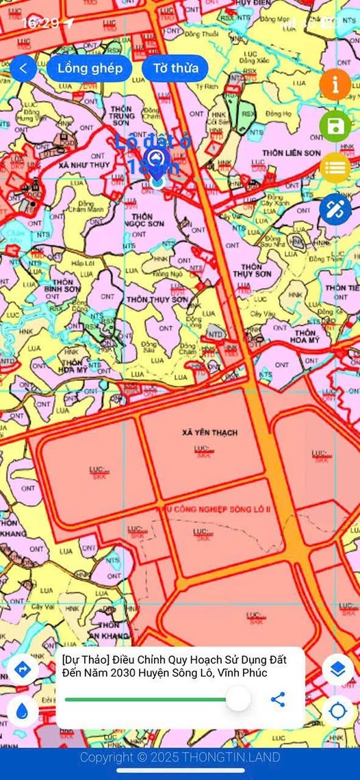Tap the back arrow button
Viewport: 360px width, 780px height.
coord(23,68)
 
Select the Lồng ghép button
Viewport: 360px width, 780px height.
coord(90,68)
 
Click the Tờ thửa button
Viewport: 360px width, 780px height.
coord(175,68)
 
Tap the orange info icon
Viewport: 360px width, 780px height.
coord(335,85)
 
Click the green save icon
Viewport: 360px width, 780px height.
coord(335,126)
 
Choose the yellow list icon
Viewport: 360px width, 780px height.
coord(335,167)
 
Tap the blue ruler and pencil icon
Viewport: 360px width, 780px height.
coord(335,209)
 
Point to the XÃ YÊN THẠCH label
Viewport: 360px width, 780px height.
coord(210,433)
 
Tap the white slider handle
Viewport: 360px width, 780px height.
coord(238,699)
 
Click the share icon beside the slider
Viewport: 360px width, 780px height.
coord(278,699)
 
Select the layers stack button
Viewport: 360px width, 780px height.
coord(337,669)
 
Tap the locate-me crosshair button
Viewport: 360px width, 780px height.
coord(337,711)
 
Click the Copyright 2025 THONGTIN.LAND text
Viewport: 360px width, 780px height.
coord(180,757)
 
